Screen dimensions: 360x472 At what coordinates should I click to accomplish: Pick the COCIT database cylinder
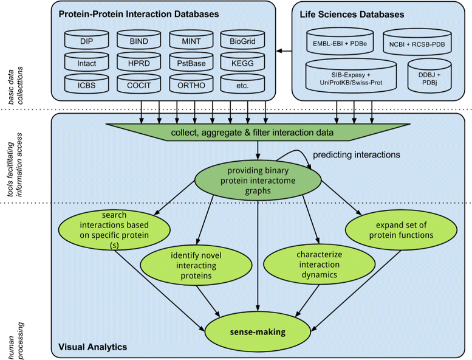pos(139,85)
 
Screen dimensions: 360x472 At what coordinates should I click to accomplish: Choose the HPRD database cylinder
pos(139,63)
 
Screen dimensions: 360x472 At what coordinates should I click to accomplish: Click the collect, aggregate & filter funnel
pos(259,132)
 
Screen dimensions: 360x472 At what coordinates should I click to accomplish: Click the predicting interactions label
pos(356,155)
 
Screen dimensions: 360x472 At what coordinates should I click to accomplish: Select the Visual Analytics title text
pos(92,347)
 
